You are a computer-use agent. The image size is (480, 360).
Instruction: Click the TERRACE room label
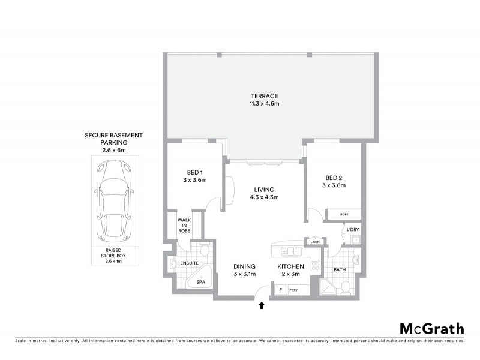tap(265, 96)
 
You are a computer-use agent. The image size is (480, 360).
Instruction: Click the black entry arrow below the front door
tap(262, 305)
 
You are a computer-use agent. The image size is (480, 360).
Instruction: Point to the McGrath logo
tap(431, 328)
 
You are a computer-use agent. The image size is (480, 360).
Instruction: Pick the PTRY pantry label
tap(294, 290)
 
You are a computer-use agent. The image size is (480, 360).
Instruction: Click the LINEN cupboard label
tap(315, 241)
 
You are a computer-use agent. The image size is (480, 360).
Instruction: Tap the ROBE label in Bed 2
tap(343, 214)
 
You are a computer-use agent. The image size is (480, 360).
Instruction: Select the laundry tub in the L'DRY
tap(354, 240)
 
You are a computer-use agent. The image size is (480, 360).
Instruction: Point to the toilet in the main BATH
tap(346, 289)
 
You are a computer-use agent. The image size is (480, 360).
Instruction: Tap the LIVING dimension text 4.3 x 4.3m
tap(264, 197)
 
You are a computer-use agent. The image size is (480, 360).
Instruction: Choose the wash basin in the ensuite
tap(173, 264)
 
